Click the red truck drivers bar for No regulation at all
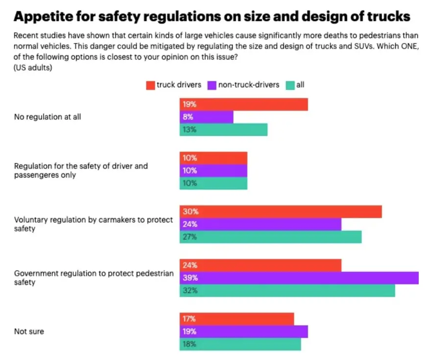pyautogui.click(x=243, y=105)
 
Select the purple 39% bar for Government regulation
pyautogui.click(x=299, y=278)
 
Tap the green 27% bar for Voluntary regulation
pyautogui.click(x=270, y=237)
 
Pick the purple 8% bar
pyautogui.click(x=206, y=117)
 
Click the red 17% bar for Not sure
pyautogui.click(x=237, y=319)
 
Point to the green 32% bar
pyautogui.click(x=287, y=291)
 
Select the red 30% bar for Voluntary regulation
pyautogui.click(x=280, y=212)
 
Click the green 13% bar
pyautogui.click(x=223, y=130)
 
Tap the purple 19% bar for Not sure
pyautogui.click(x=243, y=332)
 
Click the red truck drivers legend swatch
pyautogui.click(x=150, y=85)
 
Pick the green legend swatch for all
pyautogui.click(x=290, y=85)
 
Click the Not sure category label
pyautogui.click(x=29, y=332)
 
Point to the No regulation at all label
pyautogui.click(x=48, y=117)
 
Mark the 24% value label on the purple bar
pyautogui.click(x=190, y=225)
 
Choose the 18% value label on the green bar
pyautogui.click(x=190, y=344)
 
